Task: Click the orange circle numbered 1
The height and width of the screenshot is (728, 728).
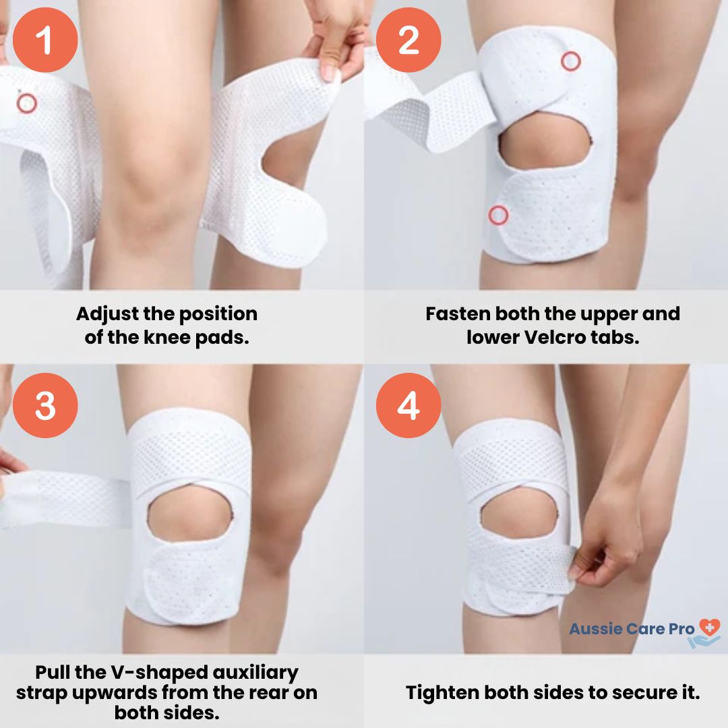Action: [45, 40]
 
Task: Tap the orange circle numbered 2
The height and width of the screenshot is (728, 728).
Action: [408, 40]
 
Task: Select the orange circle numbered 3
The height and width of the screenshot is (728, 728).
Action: [45, 405]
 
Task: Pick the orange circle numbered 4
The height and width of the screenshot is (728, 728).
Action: [408, 405]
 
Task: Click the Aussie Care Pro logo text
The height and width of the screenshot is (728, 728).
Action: [632, 629]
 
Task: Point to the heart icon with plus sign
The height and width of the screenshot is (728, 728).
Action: [709, 628]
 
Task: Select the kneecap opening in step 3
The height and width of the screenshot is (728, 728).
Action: [190, 512]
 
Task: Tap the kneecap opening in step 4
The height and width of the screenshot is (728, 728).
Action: [519, 514]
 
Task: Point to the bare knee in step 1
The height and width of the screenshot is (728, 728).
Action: [153, 186]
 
